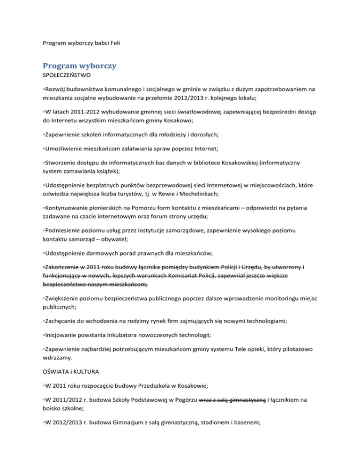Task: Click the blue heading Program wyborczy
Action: tap(79, 66)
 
